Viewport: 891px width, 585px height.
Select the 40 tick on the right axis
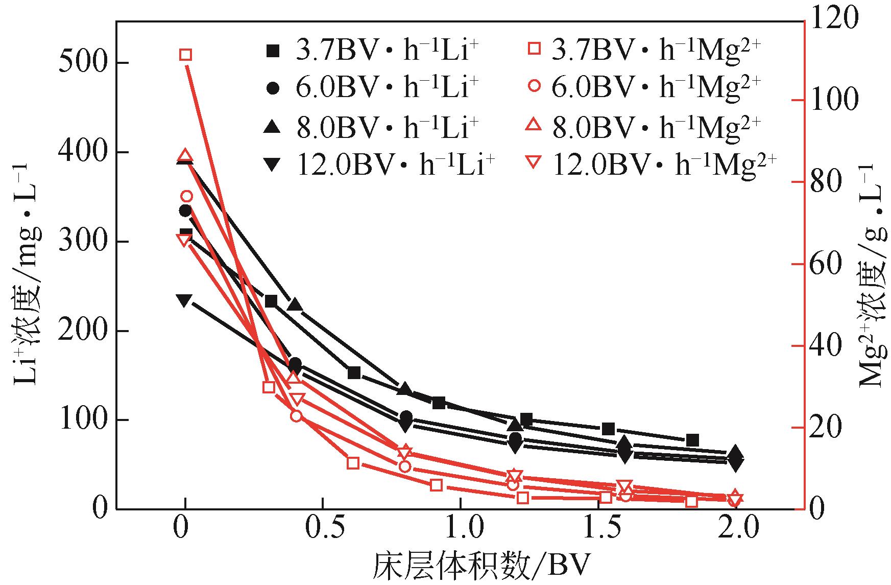[x=827, y=346]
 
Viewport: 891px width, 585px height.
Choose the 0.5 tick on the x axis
[x=322, y=529]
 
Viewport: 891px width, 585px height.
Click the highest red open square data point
[x=186, y=55]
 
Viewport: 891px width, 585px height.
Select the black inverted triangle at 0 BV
[x=185, y=300]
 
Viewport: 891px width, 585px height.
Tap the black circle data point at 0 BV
[x=185, y=210]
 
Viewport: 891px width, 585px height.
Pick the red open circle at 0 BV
[x=186, y=196]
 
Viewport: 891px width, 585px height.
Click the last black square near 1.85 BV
[x=692, y=440]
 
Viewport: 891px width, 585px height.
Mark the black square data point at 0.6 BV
[x=354, y=372]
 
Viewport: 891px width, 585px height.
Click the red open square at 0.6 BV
[x=353, y=463]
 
